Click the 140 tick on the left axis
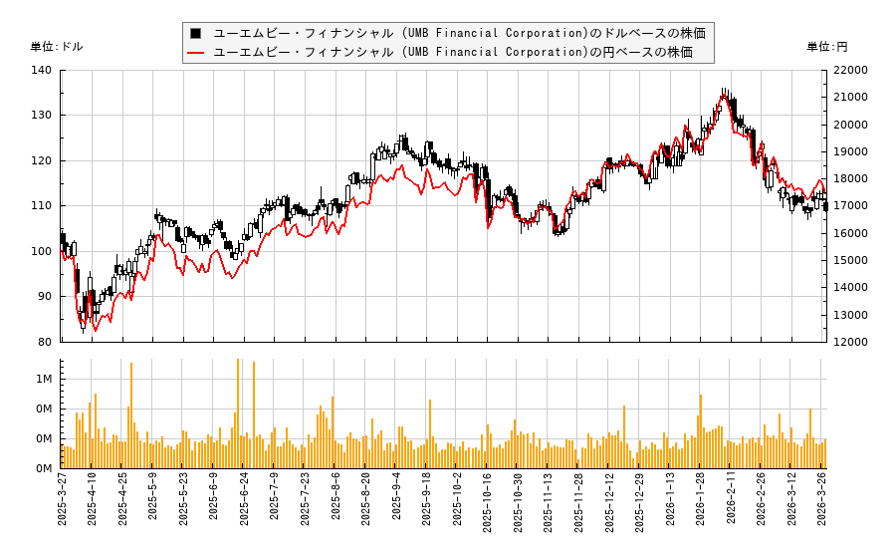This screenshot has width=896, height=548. coord(44,70)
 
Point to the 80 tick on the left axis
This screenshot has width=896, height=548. coord(44,342)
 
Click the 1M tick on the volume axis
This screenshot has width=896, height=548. coord(44,379)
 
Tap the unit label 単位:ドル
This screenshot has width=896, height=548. coord(57,47)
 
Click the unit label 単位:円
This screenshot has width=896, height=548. coord(827,47)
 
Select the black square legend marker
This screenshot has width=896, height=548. coord(196,33)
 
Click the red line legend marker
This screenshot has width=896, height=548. coord(196,52)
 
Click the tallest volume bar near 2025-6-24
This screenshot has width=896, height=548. coord(238,413)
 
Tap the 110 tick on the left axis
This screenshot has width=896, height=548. coord(44,205)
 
